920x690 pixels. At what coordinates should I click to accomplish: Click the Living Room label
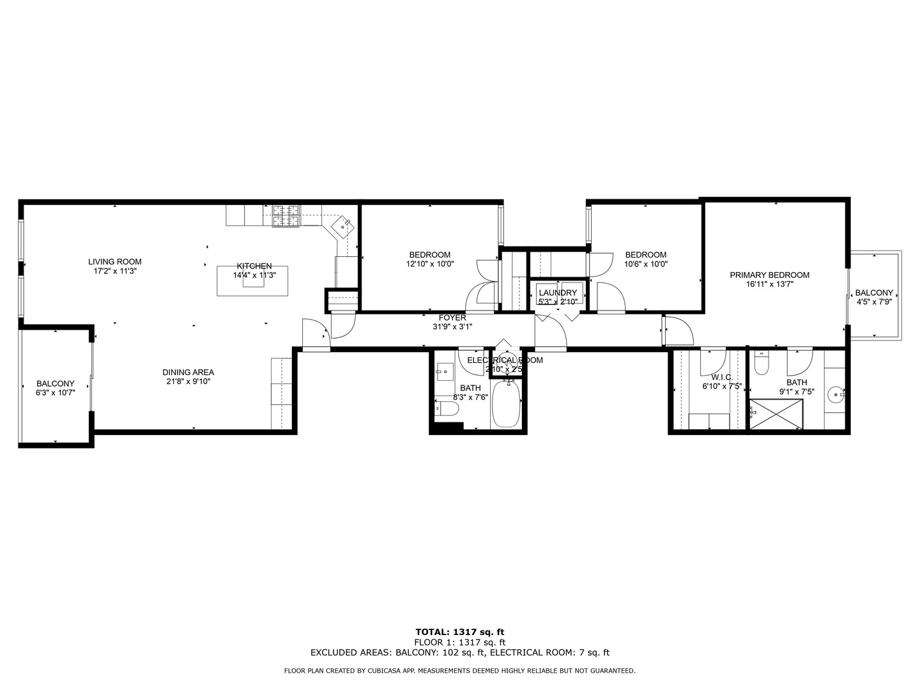point(115,261)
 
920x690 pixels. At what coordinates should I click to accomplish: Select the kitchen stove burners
point(286,216)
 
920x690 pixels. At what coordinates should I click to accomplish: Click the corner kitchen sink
point(343,226)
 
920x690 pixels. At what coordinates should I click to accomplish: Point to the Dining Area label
point(188,372)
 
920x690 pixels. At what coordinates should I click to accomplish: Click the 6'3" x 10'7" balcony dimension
point(56,393)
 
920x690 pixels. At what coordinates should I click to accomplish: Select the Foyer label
point(452,318)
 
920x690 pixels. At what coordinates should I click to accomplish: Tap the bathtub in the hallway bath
point(506,404)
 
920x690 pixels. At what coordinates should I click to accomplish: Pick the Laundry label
point(558,293)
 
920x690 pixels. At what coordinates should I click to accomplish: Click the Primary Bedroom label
point(769,275)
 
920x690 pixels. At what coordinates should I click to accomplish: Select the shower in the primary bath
point(776,414)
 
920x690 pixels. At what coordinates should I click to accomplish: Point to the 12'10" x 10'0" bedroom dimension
point(430,264)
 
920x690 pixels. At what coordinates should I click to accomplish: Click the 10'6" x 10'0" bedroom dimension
point(645,264)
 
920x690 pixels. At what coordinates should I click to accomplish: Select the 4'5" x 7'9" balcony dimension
point(874,302)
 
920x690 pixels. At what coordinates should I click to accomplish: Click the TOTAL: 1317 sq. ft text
point(460,632)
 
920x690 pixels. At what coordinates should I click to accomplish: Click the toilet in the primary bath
point(761,364)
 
